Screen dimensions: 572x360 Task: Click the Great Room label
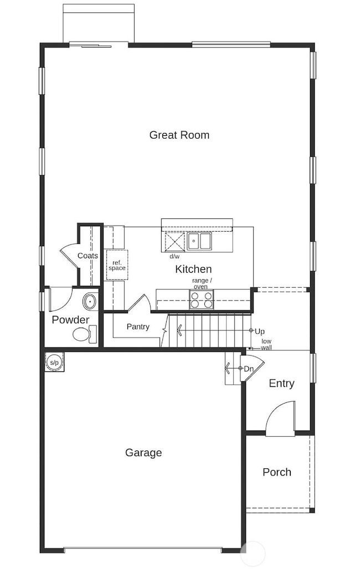pos(179,135)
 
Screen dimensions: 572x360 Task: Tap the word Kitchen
pos(193,269)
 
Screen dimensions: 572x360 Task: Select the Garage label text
pos(143,453)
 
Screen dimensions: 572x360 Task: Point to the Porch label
pos(277,472)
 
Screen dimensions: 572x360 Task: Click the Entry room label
pos(281,384)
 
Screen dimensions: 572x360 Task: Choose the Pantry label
pos(138,327)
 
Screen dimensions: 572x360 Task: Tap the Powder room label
pos(70,320)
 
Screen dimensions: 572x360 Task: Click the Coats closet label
pos(88,256)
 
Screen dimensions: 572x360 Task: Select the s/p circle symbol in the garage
pos(54,362)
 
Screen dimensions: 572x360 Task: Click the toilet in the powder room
pos(84,334)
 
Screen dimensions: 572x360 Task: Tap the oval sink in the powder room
pos(89,302)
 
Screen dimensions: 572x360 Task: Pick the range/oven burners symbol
pos(202,299)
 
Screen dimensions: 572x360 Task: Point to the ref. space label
pos(117,265)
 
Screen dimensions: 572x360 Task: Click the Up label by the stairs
pos(259,331)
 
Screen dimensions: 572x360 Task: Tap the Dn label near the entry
pos(248,369)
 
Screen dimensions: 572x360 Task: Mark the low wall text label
pos(266,344)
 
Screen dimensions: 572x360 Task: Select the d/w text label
pos(174,257)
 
